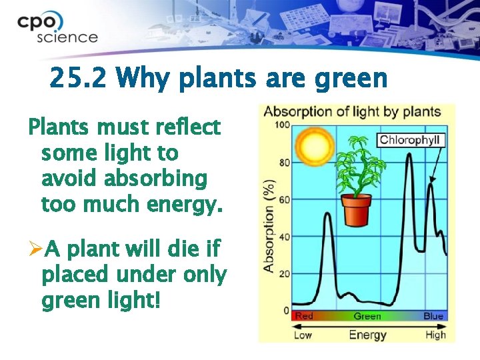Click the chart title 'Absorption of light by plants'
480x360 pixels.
coord(352,112)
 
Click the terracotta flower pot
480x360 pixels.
coord(356,210)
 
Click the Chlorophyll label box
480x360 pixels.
coord(411,140)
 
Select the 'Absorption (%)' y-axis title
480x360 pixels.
coord(269,225)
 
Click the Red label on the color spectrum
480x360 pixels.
coord(303,316)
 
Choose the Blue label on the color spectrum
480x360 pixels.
coord(433,316)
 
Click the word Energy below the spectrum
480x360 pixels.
coord(367,334)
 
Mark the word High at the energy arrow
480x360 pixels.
coord(435,334)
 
